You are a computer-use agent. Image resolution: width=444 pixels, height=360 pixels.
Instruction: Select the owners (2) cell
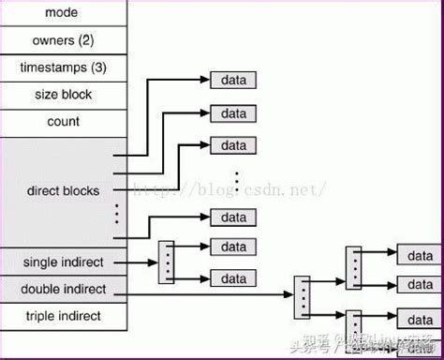coord(64,41)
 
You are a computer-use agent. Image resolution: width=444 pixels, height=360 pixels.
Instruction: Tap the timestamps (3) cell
coord(64,68)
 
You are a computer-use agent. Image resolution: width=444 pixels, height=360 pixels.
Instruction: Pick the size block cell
coord(64,95)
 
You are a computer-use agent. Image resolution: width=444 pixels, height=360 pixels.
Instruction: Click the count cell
coord(64,121)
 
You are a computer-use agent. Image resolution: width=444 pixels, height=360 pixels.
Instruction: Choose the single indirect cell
coord(64,262)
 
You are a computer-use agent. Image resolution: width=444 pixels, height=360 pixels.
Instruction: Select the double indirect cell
coord(64,289)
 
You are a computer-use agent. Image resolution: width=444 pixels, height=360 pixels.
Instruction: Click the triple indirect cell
coord(64,316)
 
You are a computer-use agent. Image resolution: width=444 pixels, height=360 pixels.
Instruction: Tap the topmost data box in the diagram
coord(233,81)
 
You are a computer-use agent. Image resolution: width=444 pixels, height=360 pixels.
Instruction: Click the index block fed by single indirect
coord(167,262)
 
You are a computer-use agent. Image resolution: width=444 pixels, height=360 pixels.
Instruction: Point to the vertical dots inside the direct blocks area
coord(117,214)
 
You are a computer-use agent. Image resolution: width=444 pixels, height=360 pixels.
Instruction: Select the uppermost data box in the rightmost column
coord(419,255)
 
